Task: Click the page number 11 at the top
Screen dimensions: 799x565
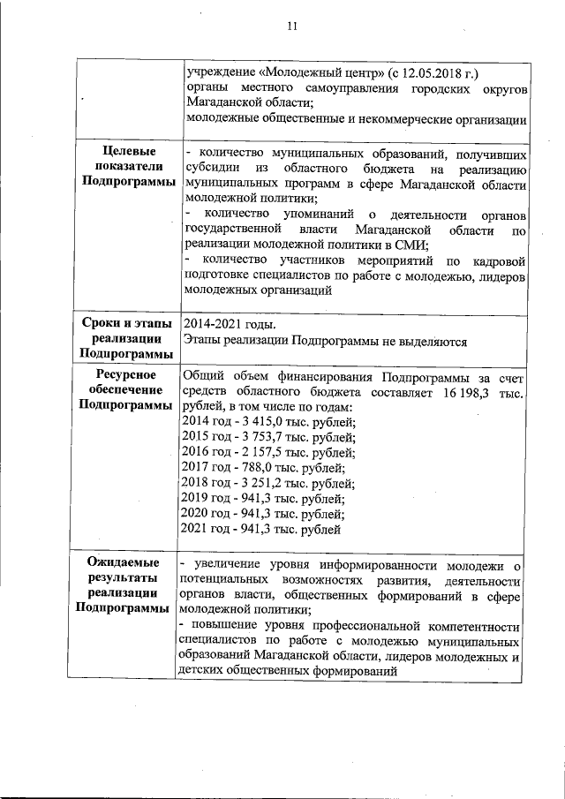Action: coord(292,26)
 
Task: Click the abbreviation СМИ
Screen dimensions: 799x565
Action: coord(411,245)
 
